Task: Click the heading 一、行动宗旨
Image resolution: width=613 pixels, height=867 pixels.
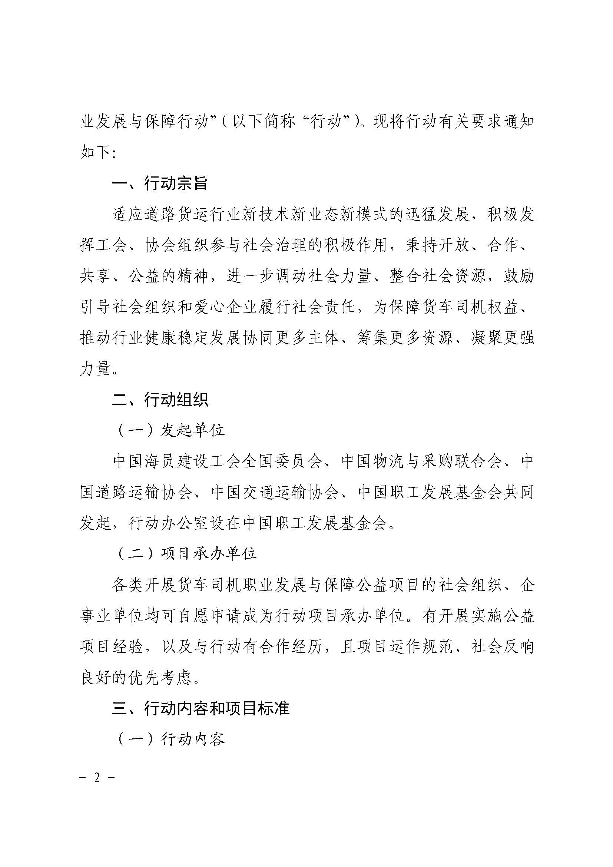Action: pos(160,184)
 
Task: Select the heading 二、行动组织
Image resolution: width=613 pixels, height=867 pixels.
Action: pos(160,400)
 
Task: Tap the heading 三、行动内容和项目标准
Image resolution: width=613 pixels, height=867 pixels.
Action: pos(201,709)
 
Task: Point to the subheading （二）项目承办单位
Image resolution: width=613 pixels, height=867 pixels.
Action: pos(188,553)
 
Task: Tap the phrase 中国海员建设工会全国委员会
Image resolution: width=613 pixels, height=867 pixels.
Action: pos(217,461)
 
